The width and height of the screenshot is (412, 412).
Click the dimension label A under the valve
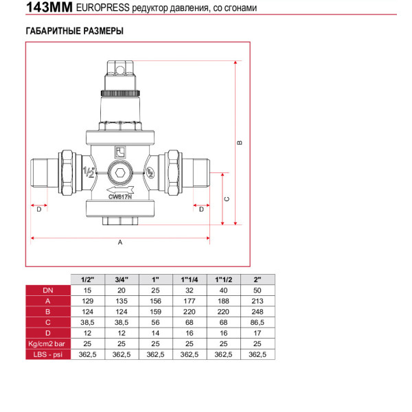coord(120,242)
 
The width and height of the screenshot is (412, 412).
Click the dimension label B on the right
coord(240,143)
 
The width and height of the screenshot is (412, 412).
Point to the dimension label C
coord(227,199)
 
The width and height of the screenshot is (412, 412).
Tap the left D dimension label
coord(39,209)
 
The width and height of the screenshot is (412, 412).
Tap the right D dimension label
coord(201,209)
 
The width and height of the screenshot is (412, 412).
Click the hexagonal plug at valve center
coord(120,173)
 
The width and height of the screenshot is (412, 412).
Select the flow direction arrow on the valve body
coord(120,190)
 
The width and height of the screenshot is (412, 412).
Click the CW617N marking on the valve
coord(120,197)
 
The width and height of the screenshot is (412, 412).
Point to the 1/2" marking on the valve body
coord(89,172)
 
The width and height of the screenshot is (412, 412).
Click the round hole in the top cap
coord(120,70)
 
